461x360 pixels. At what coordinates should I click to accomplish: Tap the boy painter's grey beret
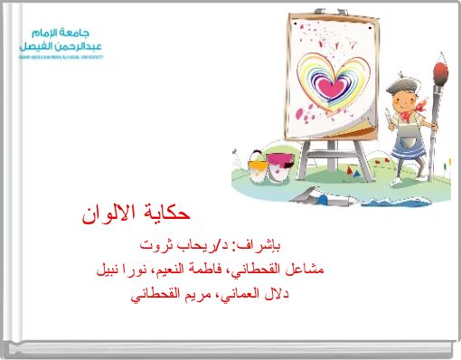click(x=402, y=85)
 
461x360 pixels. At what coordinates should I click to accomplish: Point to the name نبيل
click(x=111, y=269)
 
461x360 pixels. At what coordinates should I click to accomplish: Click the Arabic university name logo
click(x=61, y=37)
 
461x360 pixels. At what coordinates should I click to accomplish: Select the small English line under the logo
click(x=60, y=56)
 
